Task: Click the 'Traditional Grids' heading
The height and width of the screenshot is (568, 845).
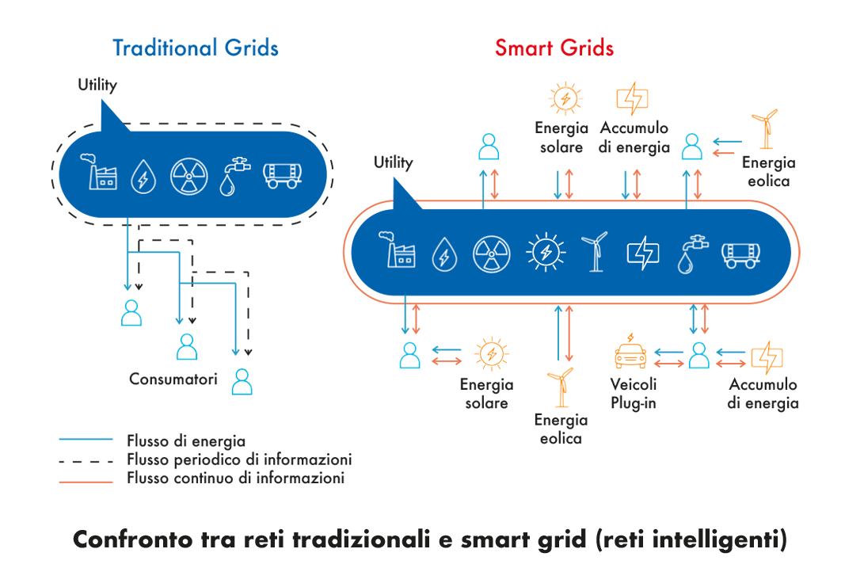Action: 196,48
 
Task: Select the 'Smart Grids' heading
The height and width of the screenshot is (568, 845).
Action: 554,48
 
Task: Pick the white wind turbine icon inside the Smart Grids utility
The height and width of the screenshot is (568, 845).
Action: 594,252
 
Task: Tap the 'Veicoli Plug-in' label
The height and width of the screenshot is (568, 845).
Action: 634,394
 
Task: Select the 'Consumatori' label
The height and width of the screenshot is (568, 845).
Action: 173,379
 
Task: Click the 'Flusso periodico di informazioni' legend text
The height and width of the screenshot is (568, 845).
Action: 239,459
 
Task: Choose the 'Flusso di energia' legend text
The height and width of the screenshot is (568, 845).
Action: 186,441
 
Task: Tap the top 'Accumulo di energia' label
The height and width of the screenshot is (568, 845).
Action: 634,137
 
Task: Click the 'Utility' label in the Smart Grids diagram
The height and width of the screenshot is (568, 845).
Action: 394,162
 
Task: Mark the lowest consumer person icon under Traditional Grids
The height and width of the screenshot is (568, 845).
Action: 242,382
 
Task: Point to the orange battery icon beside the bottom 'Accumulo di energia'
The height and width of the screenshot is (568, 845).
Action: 766,357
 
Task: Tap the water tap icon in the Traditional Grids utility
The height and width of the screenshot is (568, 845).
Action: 233,175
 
